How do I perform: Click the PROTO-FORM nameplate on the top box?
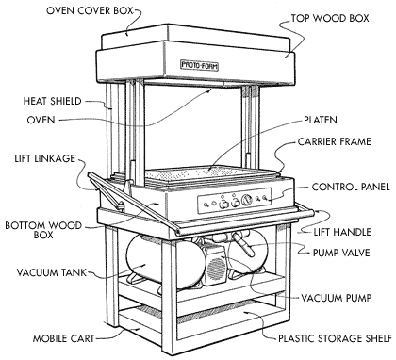199,65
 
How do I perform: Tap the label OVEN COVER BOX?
90,10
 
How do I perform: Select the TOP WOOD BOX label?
330,18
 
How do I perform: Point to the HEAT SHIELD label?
53,101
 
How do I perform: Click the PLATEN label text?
321,120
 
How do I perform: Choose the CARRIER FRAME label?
334,141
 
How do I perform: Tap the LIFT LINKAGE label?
45,158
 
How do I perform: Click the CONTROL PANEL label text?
351,187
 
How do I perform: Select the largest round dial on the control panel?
247,200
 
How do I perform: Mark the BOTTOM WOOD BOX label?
43,230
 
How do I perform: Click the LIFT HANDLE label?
342,232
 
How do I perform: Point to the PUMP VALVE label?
341,253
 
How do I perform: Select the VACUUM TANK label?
52,272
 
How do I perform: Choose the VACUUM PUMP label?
337,298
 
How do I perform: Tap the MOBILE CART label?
63,338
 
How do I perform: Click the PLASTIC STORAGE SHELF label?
336,338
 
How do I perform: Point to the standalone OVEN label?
41,120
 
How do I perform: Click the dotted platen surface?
201,172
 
